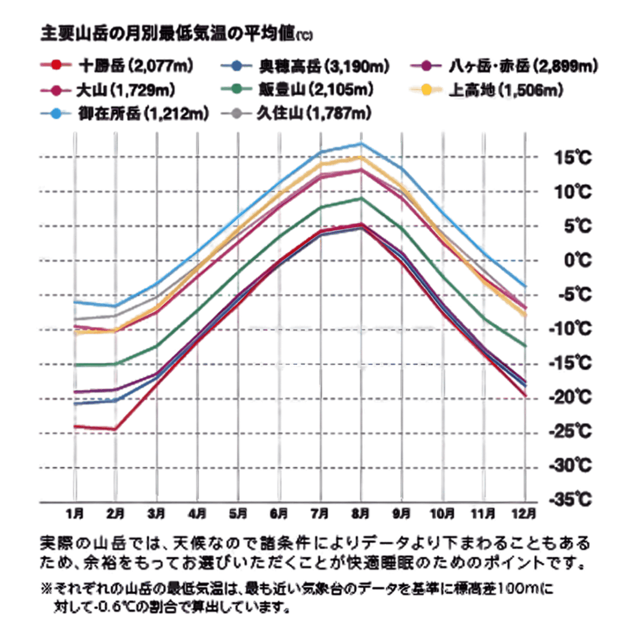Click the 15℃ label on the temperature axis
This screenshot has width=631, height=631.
[570, 158]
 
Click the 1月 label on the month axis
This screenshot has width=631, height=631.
[75, 513]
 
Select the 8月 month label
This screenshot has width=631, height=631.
[361, 513]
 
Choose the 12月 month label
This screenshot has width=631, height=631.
[526, 513]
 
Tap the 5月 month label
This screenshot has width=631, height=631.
[238, 513]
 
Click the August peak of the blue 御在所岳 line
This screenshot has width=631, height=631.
[362, 144]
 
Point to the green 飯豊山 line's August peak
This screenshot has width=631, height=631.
[362, 198]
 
